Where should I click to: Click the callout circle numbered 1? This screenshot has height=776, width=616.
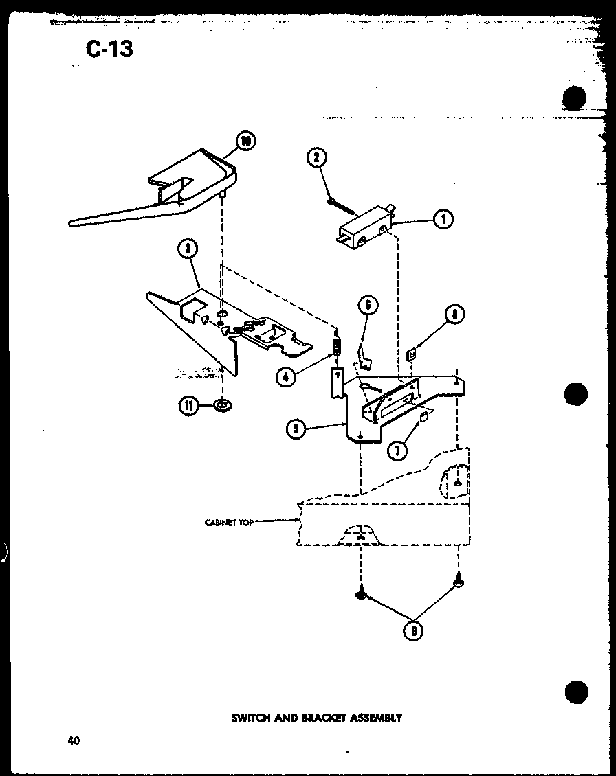[443, 220]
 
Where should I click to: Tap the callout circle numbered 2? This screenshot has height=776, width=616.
[316, 158]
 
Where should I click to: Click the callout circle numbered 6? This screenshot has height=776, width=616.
[368, 305]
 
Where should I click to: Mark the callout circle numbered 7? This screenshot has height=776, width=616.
[397, 450]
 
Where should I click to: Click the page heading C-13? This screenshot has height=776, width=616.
[111, 49]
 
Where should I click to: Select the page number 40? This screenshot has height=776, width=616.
[74, 740]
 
